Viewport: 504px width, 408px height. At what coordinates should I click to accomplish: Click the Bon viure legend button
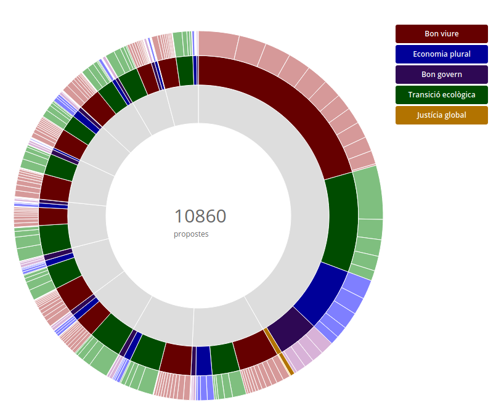(441, 34)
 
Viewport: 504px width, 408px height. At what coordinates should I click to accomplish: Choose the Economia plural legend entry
(441, 54)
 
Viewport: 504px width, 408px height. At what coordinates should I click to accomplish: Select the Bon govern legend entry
(441, 75)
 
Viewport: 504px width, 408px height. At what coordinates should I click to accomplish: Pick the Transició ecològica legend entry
(441, 95)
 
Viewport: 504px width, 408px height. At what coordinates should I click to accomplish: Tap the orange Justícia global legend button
(441, 115)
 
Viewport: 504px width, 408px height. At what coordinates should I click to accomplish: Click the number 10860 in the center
(200, 216)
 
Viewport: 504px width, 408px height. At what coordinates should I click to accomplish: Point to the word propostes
(191, 234)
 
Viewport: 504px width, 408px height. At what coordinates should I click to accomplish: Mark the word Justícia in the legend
(430, 115)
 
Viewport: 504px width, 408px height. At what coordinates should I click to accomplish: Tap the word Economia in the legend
(429, 54)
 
